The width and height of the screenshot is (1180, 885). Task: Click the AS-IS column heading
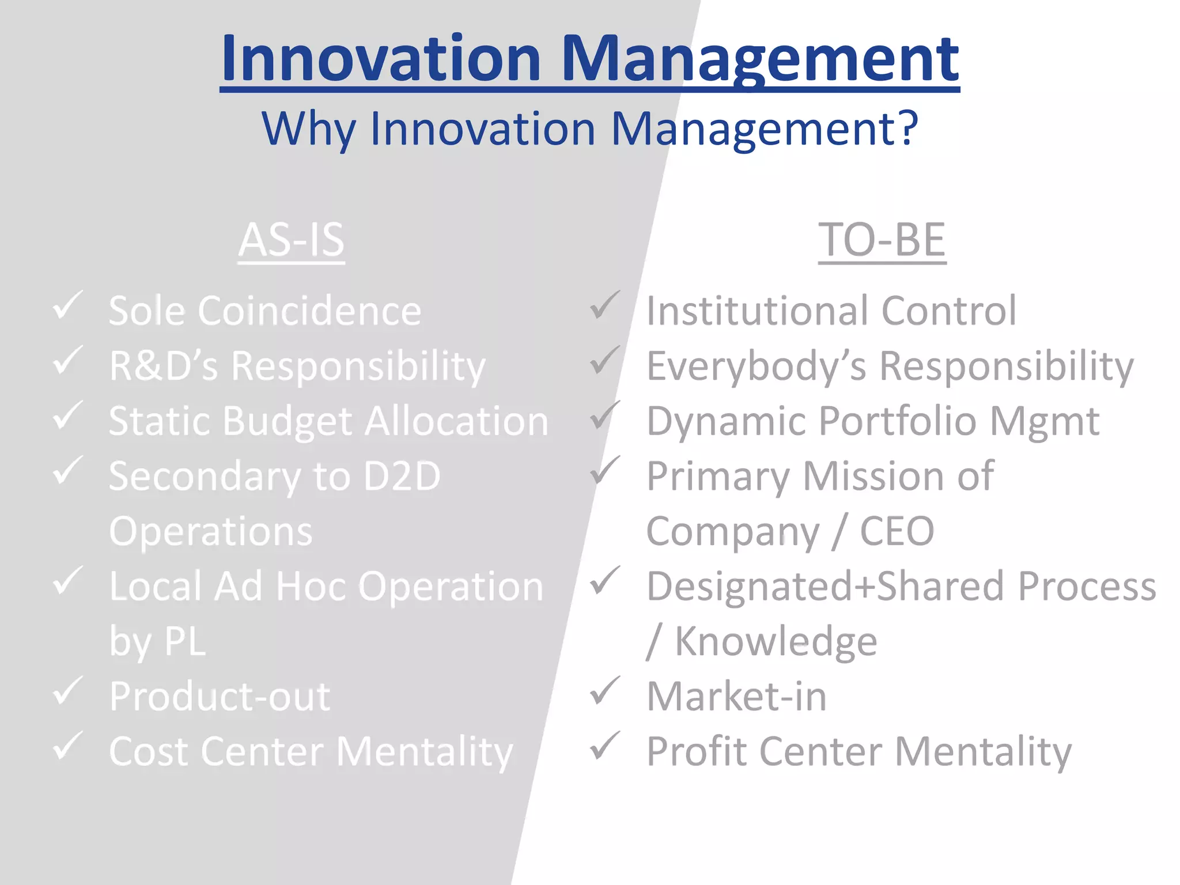[x=291, y=240]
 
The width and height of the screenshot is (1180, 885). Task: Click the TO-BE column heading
[x=882, y=240]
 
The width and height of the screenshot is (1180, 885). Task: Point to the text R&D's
[x=164, y=366]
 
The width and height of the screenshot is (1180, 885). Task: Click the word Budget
[x=288, y=422]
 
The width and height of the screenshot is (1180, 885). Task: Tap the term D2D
[x=402, y=476]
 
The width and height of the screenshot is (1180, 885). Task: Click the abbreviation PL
[x=185, y=641]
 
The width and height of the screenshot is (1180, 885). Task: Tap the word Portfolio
[x=897, y=421]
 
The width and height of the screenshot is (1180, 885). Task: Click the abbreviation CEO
[x=897, y=531]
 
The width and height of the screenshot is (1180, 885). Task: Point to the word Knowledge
[x=776, y=641]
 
